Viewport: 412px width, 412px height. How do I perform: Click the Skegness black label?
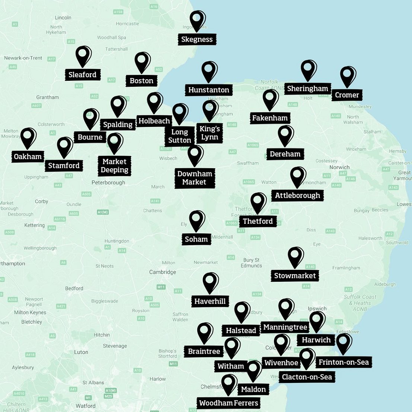point(197,39)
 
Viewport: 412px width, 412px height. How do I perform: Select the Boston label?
point(141,81)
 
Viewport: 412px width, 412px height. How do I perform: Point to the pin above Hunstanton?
point(209,70)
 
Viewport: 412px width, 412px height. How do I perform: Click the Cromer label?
point(347,95)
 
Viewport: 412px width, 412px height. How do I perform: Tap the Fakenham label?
point(270,118)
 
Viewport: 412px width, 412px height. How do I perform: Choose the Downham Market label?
point(195,178)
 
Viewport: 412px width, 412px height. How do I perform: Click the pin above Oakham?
point(28,137)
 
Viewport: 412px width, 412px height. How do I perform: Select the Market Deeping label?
point(115,166)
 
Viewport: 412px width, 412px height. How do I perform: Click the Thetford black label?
point(258,221)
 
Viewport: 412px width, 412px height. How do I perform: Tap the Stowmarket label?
point(295,276)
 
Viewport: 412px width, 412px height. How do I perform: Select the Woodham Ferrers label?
point(229,403)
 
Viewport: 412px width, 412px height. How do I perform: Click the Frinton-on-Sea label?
point(344,363)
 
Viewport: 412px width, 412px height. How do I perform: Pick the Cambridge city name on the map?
point(163,272)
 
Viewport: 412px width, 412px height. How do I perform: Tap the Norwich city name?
point(339,167)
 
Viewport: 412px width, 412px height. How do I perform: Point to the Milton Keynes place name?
point(30,313)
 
